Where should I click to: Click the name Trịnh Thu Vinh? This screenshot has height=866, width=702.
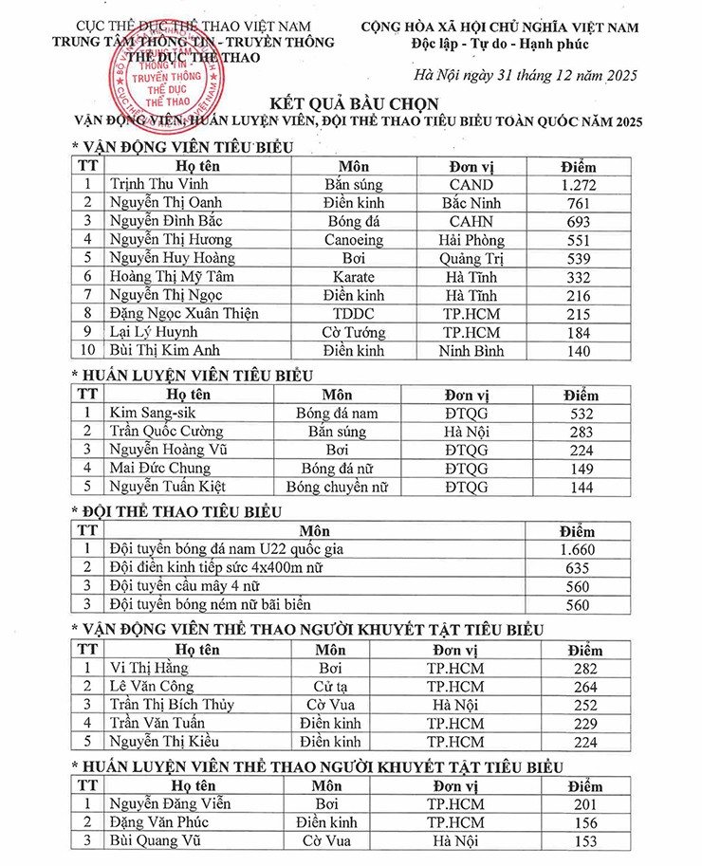pos(158,185)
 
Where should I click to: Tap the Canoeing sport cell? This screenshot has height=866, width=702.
pos(354,240)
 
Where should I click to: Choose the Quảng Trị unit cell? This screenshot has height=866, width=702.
pos(471,259)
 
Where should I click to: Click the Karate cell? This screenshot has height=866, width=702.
pos(354,277)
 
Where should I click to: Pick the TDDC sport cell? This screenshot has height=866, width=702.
pos(354,314)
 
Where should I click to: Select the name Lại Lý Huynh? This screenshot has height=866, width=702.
pos(154,333)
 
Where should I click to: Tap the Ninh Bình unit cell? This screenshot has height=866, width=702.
pos(471,351)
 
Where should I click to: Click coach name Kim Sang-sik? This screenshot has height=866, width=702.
pos(151,414)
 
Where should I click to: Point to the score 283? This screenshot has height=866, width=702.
pos(578,433)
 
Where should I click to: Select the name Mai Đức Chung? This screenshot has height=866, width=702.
pos(159,469)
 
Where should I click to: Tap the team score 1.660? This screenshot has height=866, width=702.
pos(578,550)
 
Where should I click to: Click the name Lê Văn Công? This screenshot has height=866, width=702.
pos(152,687)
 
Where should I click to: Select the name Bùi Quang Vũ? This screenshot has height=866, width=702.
pos(156,841)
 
